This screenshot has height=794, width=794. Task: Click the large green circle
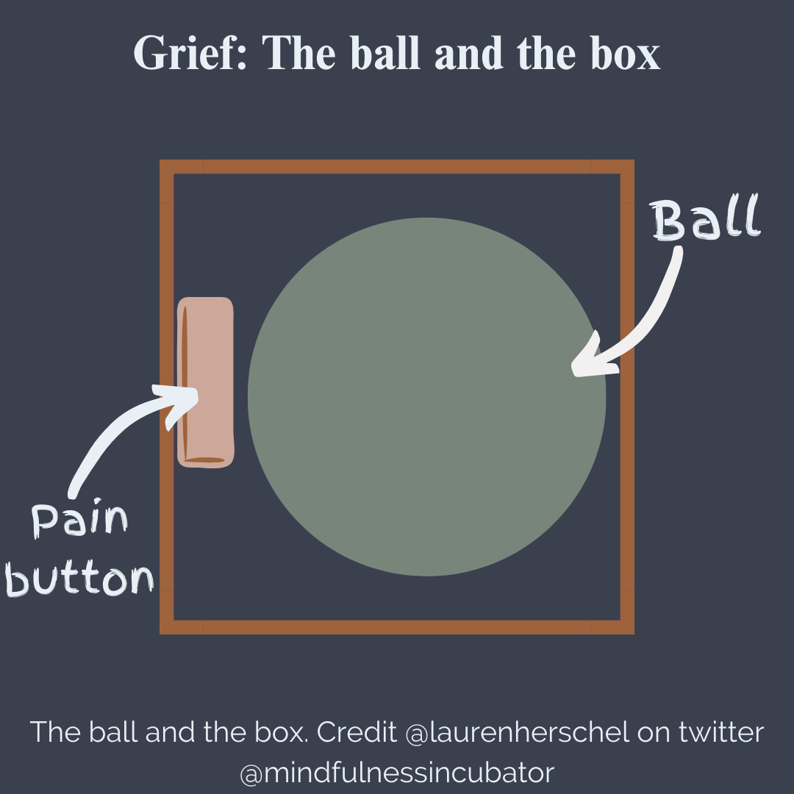[426, 397]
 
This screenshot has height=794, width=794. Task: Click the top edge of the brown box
[397, 167]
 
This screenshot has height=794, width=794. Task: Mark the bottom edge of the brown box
[397, 627]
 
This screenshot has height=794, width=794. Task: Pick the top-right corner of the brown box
[626, 167]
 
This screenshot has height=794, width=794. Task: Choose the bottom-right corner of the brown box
[626, 627]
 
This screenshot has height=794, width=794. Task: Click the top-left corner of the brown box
[167, 167]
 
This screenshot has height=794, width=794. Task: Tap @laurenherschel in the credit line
[518, 732]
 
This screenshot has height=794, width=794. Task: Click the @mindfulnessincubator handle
[397, 773]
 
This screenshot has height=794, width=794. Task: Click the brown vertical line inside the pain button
[185, 382]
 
